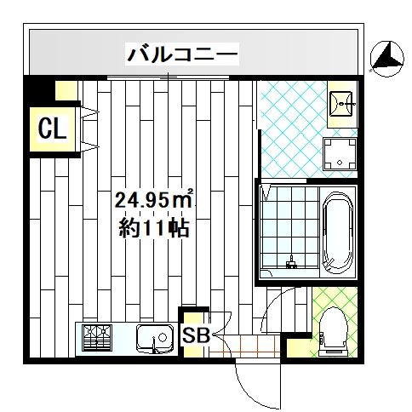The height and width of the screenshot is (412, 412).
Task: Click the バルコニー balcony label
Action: [x=182, y=54]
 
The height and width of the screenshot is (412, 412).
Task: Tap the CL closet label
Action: [x=52, y=129]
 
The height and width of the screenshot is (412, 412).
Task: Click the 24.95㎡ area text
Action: [x=155, y=201]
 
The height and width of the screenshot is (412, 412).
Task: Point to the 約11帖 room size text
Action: [x=155, y=228]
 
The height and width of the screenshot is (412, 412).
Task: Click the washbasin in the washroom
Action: [x=344, y=105]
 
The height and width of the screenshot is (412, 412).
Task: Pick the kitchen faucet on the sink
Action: [x=155, y=345]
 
